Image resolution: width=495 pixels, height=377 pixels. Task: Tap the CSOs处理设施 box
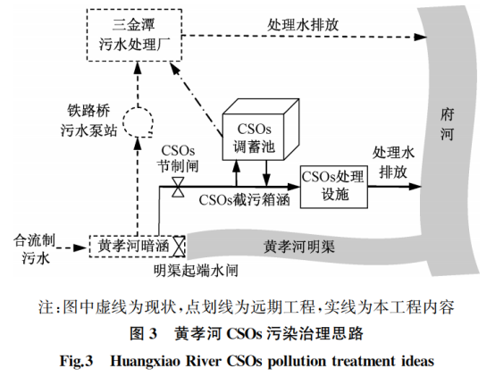tap(331, 186)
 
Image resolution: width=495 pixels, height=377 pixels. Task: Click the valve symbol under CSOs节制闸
tap(179, 188)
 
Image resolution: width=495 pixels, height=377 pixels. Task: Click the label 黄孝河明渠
tap(300, 247)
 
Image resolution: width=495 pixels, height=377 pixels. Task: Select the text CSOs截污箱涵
tap(243, 199)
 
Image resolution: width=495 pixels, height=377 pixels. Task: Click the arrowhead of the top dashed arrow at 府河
tap(418, 38)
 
